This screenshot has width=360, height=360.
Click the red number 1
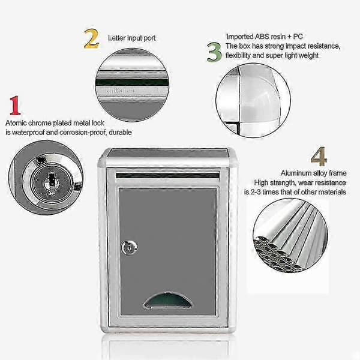(x=16, y=106)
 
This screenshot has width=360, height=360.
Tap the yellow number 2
(x=91, y=38)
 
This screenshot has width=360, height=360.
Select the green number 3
(x=214, y=52)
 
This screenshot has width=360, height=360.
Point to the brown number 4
(x=319, y=157)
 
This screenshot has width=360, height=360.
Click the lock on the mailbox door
(x=130, y=247)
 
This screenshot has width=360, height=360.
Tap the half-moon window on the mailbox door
(x=167, y=300)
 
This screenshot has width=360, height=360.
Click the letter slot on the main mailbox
(x=167, y=176)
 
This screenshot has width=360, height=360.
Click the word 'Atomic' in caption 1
(x=16, y=123)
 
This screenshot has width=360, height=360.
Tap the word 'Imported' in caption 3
(x=240, y=37)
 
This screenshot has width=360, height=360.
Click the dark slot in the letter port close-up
(x=132, y=82)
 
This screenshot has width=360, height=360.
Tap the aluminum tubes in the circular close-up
(x=290, y=236)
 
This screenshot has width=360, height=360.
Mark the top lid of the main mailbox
(x=168, y=153)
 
